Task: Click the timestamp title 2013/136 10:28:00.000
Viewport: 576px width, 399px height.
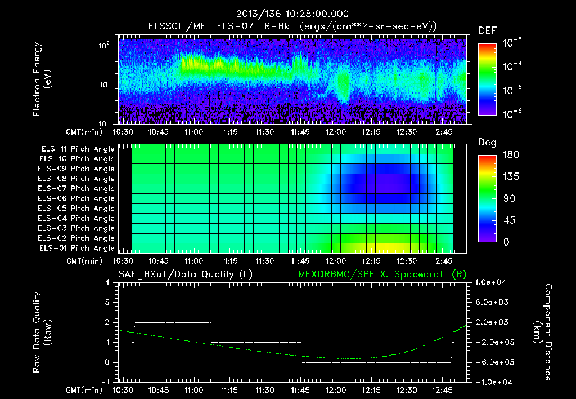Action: (x=292, y=14)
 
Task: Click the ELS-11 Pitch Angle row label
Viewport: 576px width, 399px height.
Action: (x=78, y=149)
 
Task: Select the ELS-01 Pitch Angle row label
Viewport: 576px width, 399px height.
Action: (x=78, y=248)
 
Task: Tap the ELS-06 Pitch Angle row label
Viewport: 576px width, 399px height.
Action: (x=78, y=198)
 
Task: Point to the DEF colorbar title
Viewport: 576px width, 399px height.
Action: (x=487, y=30)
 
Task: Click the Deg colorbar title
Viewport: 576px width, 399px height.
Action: (x=487, y=143)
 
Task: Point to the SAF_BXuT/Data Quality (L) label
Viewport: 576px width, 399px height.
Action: (x=185, y=274)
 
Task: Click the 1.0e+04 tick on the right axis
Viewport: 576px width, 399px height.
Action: (x=492, y=282)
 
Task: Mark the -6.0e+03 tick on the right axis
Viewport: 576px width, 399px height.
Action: (x=492, y=362)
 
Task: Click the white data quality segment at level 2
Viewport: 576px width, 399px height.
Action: (x=173, y=322)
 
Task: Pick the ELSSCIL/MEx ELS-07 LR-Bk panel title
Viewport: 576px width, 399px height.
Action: (x=292, y=26)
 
